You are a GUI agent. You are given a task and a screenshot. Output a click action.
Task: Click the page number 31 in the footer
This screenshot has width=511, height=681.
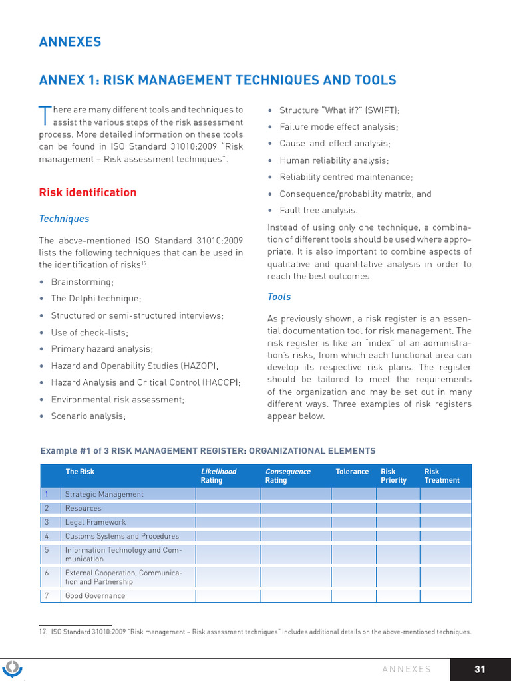click(479, 670)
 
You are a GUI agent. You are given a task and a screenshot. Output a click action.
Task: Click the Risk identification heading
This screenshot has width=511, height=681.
click(88, 193)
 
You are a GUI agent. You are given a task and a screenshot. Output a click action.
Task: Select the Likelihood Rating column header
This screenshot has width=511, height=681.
click(218, 476)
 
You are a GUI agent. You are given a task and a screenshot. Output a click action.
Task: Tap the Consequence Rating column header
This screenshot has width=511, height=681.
click(287, 476)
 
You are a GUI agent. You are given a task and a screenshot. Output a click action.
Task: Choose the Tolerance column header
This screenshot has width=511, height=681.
click(352, 472)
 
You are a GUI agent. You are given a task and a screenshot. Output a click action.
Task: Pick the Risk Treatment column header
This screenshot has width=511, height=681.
click(442, 476)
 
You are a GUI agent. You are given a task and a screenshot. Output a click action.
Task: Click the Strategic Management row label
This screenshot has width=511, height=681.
click(104, 494)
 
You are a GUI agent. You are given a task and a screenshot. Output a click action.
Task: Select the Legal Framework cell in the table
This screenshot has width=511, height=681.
click(95, 522)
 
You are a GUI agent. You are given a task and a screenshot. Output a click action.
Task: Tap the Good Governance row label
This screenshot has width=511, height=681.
click(94, 595)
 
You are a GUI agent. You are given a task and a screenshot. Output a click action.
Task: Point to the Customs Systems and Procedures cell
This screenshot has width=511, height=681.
click(122, 536)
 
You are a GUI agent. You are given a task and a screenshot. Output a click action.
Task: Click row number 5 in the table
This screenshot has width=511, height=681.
click(47, 550)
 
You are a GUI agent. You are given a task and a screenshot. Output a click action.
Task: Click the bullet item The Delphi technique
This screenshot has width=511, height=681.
click(96, 299)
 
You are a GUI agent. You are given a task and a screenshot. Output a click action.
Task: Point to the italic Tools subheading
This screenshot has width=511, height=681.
click(279, 297)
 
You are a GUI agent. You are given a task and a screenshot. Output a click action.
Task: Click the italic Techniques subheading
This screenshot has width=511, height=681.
click(64, 219)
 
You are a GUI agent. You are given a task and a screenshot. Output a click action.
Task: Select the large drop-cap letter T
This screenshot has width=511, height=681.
click(45, 115)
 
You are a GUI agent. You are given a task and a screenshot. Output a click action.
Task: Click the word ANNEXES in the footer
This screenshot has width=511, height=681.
click(407, 670)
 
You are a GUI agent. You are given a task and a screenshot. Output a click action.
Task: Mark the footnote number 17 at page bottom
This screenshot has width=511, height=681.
click(43, 632)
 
